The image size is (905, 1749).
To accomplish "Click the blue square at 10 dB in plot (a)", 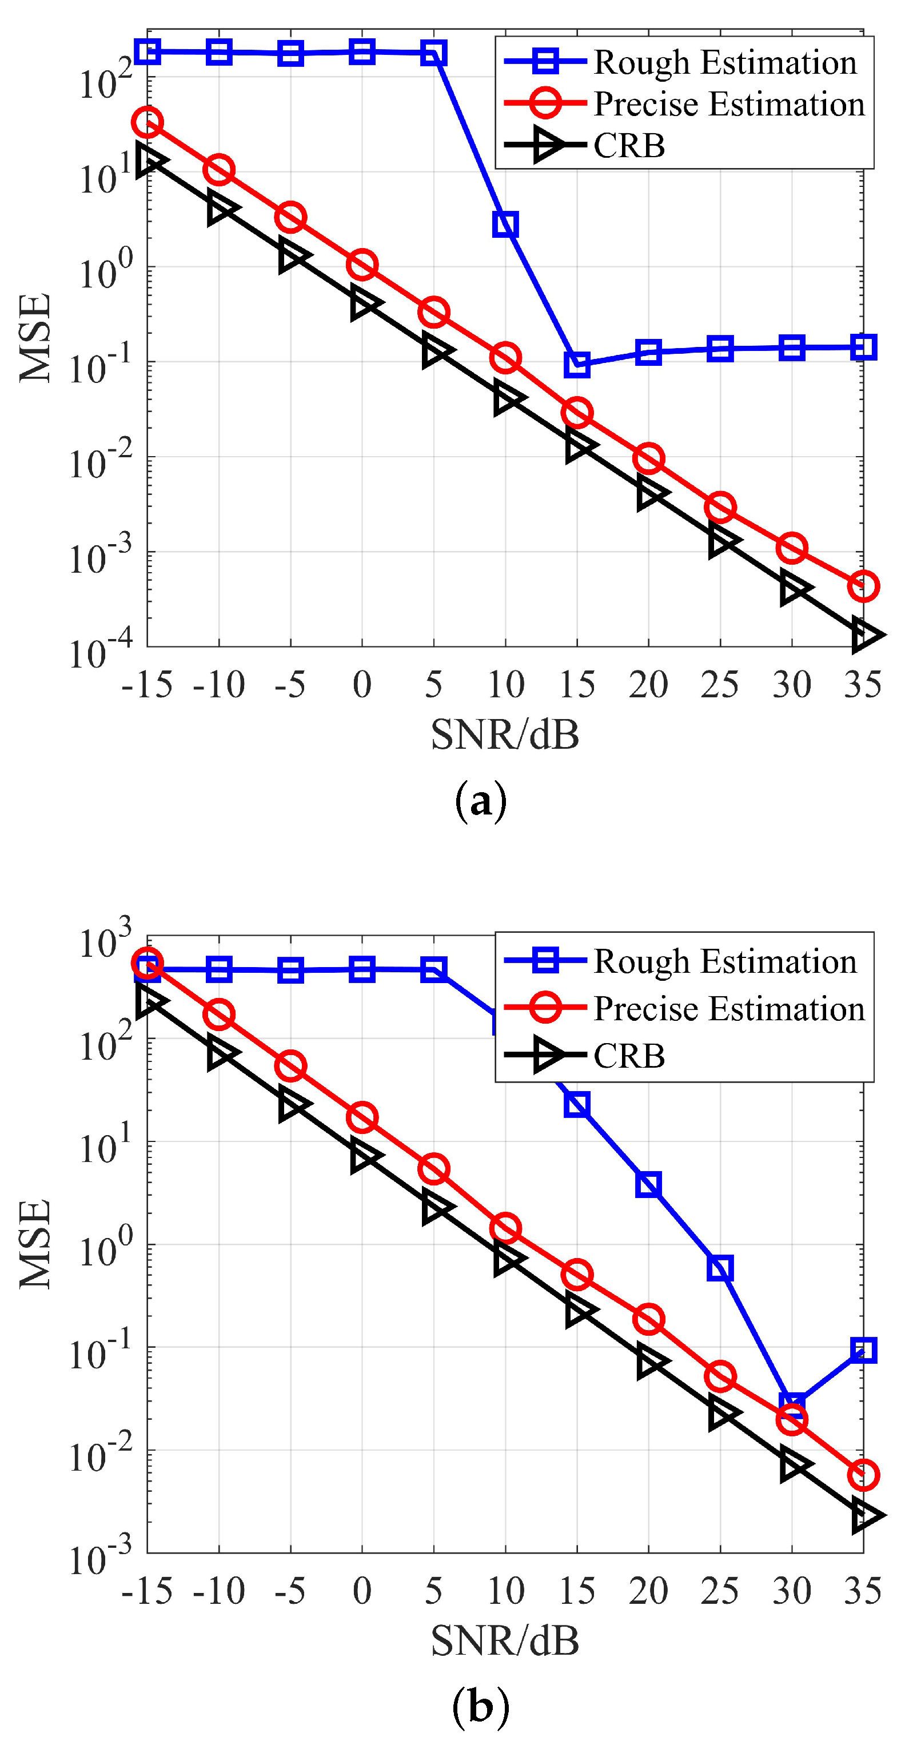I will pos(505,224).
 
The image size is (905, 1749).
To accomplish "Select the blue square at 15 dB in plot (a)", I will pos(577,365).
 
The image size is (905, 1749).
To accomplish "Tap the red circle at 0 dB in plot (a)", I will pos(362,264).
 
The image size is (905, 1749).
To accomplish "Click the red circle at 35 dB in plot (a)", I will pos(863,586).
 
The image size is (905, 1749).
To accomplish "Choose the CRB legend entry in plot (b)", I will pos(629,1055).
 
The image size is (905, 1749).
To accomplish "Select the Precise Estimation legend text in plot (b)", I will pos(729,1008).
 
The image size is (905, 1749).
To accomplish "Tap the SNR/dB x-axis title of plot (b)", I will pos(505,1641).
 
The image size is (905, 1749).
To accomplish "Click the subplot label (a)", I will pos(481,802).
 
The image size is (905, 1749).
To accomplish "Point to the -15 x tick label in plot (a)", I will pos(147,684).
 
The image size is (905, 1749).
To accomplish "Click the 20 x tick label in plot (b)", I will pos(648,1591).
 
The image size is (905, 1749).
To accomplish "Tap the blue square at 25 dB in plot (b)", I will pos(720,1268).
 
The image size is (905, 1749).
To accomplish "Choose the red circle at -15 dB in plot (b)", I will pos(147,964).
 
